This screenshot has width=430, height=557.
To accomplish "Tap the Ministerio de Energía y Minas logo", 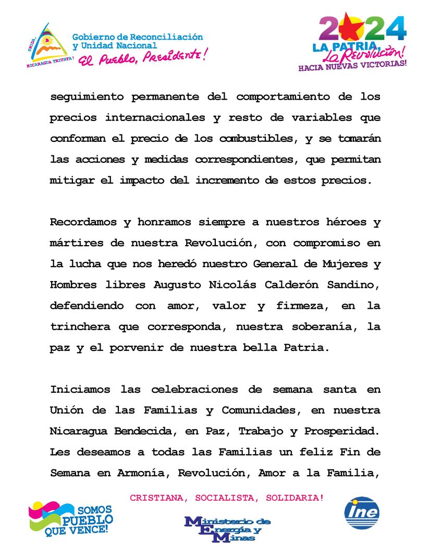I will tap(227, 528).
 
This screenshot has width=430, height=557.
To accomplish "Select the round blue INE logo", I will tap(362, 513).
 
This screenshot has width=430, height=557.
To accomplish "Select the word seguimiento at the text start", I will tap(86, 98).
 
